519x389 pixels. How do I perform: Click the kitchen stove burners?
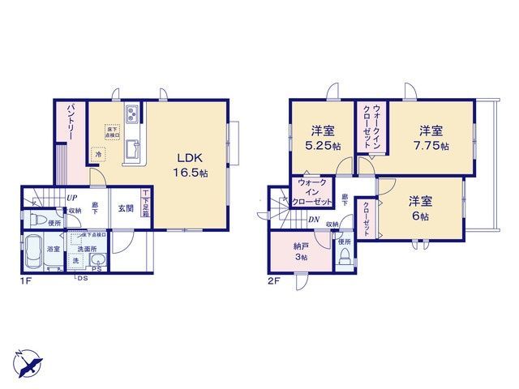click(x=132, y=114)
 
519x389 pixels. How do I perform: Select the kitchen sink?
click(x=132, y=149)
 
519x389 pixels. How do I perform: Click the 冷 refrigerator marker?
click(x=97, y=154)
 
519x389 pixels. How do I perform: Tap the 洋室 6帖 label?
click(x=418, y=208)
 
